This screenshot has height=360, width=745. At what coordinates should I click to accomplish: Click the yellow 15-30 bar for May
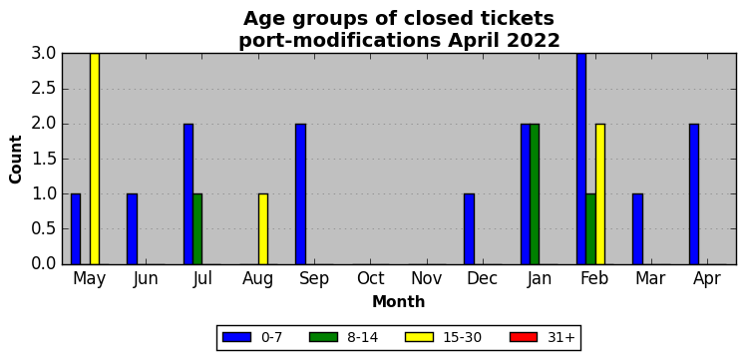tap(95, 159)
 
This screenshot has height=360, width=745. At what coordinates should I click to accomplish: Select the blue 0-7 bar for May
tap(76, 229)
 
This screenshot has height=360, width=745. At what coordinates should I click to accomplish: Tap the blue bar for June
tap(132, 229)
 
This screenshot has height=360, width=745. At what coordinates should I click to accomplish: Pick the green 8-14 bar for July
tap(197, 229)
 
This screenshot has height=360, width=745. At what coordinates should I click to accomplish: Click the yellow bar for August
tap(263, 229)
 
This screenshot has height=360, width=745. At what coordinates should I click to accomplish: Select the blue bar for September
tap(301, 193)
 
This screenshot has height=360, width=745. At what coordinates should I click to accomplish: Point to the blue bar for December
tap(469, 229)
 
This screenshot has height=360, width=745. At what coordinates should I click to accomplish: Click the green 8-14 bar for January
tap(535, 193)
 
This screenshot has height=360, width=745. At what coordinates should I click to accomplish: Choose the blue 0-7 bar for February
tap(581, 159)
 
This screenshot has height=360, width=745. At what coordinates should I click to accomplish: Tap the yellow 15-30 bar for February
tap(600, 193)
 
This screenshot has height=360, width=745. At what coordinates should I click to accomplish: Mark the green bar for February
tap(590, 229)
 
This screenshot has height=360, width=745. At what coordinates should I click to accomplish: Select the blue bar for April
tap(694, 193)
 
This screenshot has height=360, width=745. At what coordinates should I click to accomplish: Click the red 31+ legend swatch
tap(524, 337)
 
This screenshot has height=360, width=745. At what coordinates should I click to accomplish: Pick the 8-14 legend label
tap(362, 338)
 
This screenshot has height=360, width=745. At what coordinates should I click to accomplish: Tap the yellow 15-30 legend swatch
tap(420, 337)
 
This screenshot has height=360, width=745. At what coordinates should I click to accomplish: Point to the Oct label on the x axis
tap(371, 279)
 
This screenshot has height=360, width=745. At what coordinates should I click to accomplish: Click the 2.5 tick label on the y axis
tap(44, 89)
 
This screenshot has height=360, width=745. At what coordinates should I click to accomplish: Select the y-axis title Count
tap(16, 160)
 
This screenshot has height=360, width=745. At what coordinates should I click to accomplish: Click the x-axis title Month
tap(399, 301)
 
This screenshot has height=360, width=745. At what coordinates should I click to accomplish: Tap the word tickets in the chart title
tap(521, 19)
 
